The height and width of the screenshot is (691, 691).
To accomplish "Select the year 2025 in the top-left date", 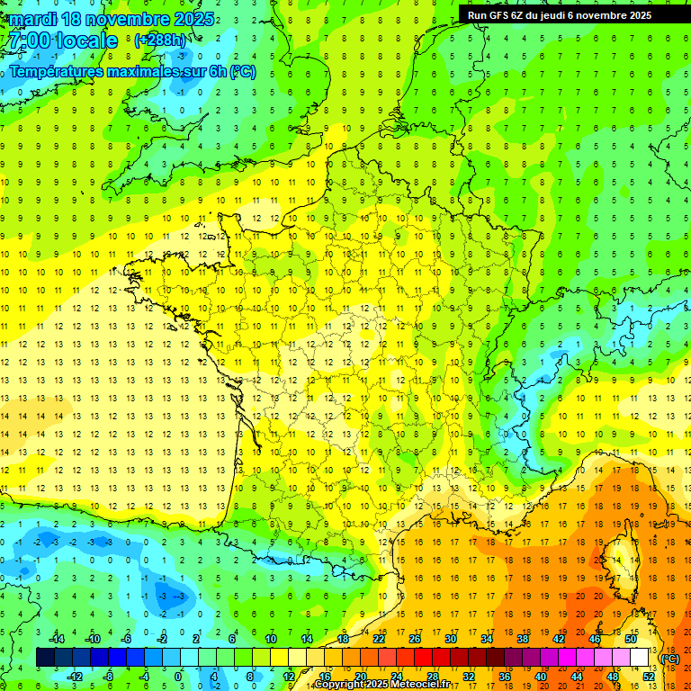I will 191,19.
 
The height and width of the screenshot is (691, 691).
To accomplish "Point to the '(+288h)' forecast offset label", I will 160,40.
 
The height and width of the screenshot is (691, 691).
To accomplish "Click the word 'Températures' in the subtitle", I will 56,71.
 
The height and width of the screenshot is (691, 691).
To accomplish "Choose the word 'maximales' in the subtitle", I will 147,71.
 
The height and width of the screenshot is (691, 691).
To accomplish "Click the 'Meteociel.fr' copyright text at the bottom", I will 408,685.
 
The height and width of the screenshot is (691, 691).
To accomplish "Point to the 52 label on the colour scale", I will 649,676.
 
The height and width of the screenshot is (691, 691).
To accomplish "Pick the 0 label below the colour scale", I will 179,676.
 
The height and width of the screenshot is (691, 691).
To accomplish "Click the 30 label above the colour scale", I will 450,639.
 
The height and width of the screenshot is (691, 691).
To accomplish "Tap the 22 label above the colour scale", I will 379,639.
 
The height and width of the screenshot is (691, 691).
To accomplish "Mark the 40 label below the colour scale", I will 540,676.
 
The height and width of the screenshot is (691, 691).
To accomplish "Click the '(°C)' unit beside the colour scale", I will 669,659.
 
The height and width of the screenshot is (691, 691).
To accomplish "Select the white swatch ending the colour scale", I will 640,658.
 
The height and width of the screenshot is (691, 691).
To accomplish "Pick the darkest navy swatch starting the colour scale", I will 45,658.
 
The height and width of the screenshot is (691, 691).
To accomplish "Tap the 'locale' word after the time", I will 86,40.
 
